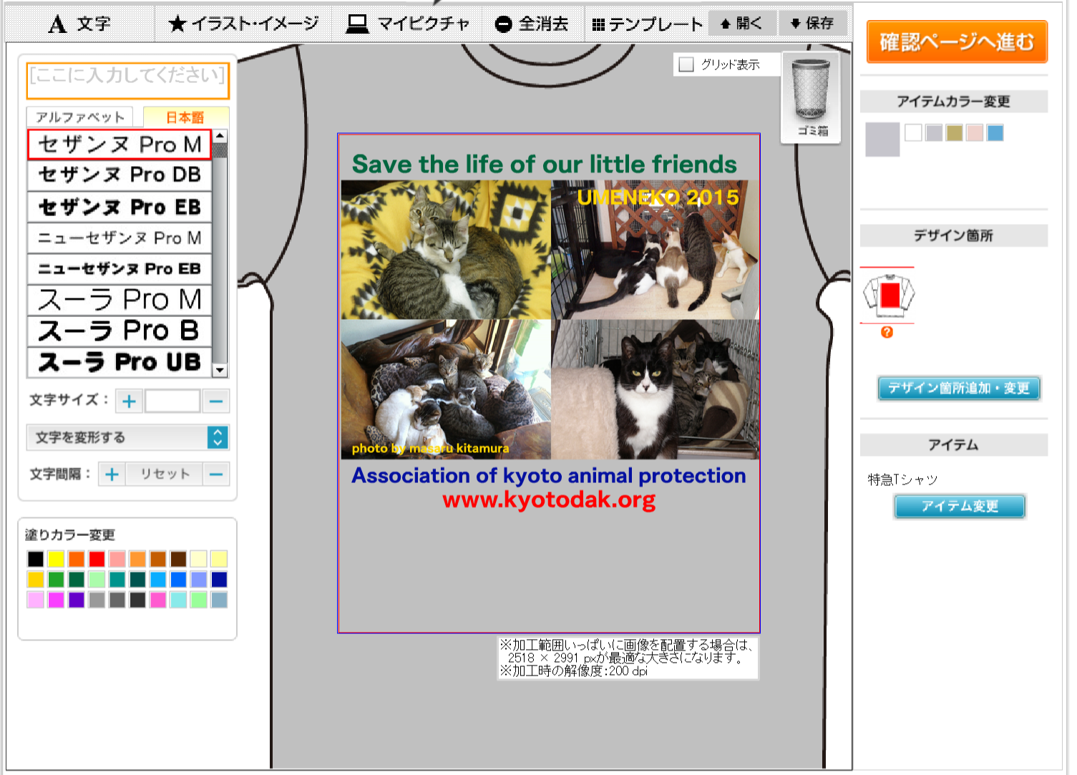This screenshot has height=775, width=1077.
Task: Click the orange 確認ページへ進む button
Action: [x=957, y=42]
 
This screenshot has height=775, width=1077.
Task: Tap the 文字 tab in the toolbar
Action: [x=80, y=23]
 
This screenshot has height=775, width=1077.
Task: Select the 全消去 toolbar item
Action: [x=531, y=24]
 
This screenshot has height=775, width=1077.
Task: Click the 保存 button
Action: [x=812, y=23]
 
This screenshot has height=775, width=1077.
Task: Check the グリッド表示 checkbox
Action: [x=686, y=64]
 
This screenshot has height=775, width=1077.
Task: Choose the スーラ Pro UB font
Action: [x=120, y=362]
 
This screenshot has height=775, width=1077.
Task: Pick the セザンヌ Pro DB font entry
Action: [x=120, y=175]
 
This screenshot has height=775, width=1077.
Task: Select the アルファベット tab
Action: [x=80, y=117]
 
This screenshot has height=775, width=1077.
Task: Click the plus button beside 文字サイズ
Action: [x=129, y=401]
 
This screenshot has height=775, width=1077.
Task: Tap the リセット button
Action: [x=165, y=474]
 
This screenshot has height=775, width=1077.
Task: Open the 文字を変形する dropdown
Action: [x=127, y=437]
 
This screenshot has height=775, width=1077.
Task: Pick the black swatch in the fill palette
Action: [x=35, y=559]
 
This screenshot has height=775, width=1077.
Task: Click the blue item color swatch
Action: [x=995, y=132]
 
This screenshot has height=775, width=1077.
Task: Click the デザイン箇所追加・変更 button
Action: [x=959, y=388]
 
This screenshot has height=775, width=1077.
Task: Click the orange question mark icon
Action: [x=887, y=332]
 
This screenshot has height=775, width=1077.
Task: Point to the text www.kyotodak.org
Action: [x=549, y=500]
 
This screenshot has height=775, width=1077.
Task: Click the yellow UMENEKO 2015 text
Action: [x=658, y=197]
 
